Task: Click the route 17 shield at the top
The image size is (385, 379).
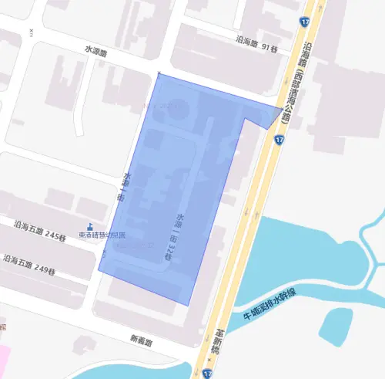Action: point(306,24)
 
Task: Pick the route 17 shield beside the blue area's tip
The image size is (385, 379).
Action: point(278,139)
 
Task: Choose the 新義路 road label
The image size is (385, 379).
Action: point(142,340)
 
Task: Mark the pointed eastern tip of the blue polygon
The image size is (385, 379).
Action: point(282,107)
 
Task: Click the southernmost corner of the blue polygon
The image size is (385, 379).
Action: point(189,304)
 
